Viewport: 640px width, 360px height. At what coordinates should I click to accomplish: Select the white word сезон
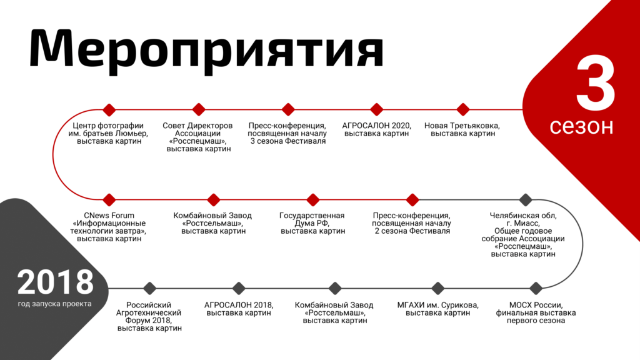(x=581, y=126)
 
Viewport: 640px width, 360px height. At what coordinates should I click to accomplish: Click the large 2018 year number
(x=55, y=282)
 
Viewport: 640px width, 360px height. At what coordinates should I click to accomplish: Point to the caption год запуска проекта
(x=55, y=304)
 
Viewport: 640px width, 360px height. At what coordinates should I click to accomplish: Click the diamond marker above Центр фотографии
(x=109, y=109)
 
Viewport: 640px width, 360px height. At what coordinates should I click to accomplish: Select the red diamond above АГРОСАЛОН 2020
(x=376, y=109)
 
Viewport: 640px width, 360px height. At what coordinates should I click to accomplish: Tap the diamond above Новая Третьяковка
(x=463, y=109)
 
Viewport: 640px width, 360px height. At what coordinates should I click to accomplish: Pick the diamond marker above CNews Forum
(x=109, y=199)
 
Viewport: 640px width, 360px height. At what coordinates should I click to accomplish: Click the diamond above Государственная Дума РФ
(x=312, y=199)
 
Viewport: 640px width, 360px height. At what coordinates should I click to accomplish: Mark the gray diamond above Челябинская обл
(x=526, y=199)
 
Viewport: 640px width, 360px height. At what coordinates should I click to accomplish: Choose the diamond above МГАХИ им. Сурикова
(x=438, y=288)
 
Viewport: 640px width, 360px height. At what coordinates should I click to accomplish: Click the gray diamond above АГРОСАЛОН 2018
(x=239, y=288)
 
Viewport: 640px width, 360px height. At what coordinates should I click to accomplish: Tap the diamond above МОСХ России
(x=536, y=288)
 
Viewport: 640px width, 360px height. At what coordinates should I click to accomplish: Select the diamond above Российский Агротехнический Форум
(x=150, y=288)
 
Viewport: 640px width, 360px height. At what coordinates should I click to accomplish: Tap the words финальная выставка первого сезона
(x=536, y=317)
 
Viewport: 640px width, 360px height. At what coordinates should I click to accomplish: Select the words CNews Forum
(x=109, y=216)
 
